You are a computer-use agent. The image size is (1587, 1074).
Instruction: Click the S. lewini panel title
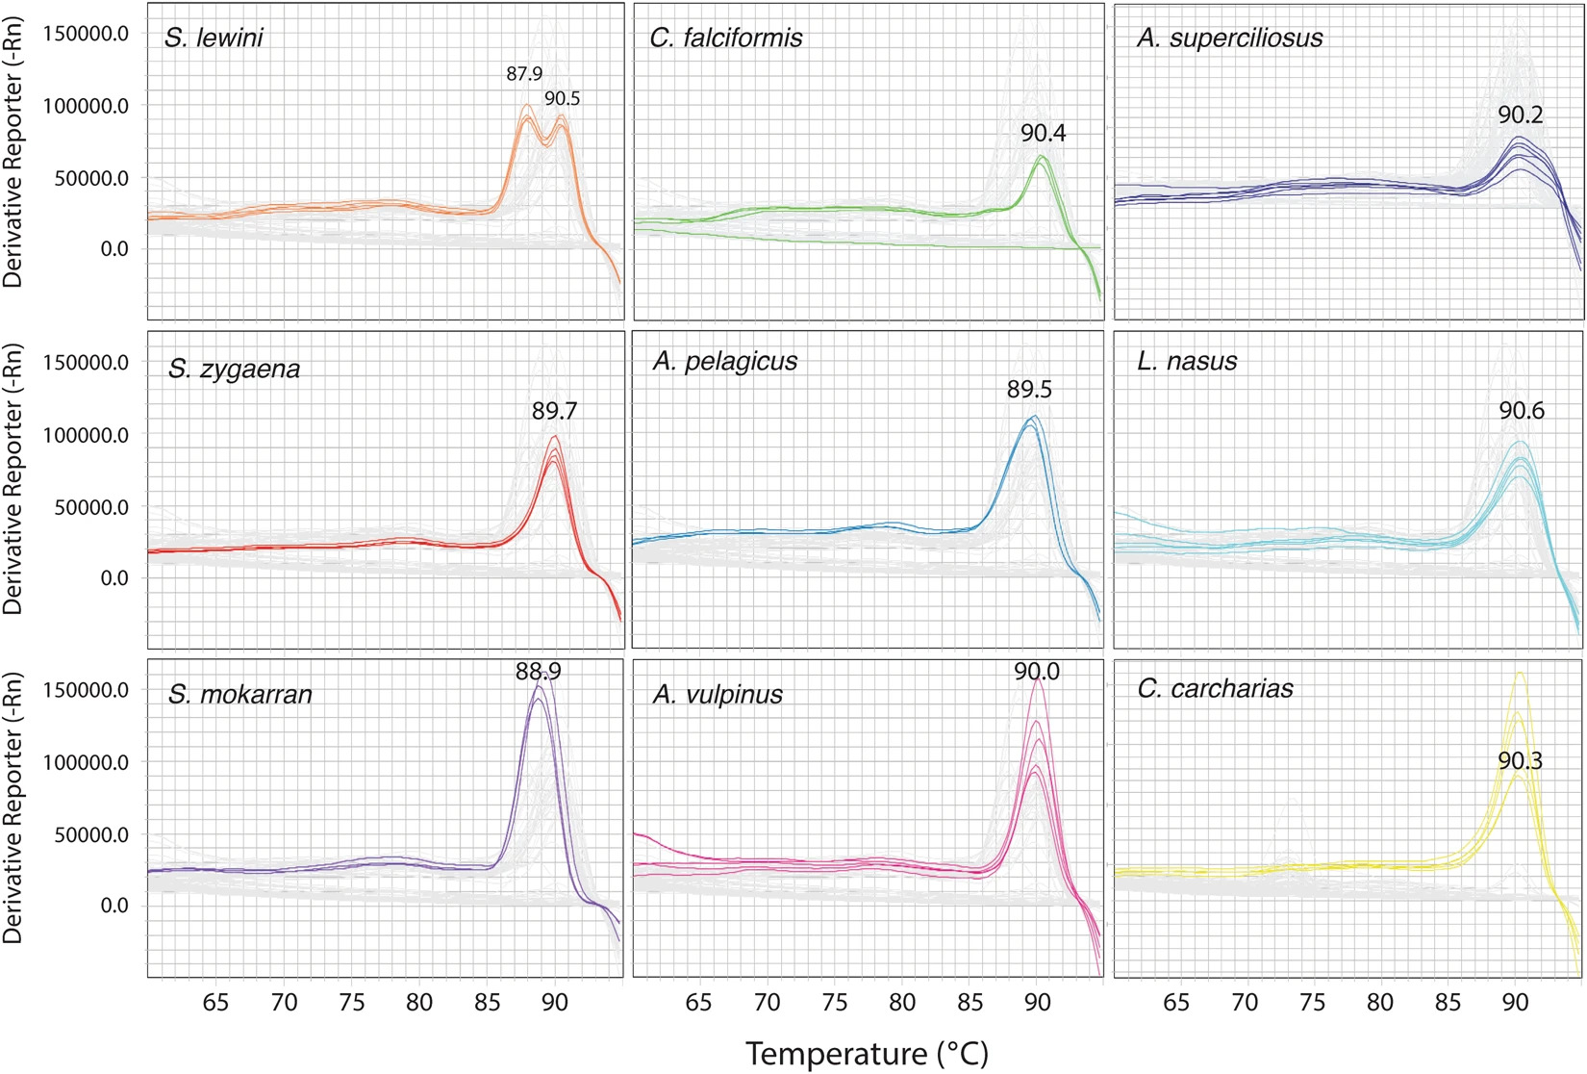[x=214, y=38]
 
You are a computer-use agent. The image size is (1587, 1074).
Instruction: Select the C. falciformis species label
[x=726, y=38]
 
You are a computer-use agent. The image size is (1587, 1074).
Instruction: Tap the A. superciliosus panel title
[x=1229, y=38]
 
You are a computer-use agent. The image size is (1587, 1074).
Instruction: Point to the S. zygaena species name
[x=234, y=369]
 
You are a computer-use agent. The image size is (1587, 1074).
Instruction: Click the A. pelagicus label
[x=725, y=361]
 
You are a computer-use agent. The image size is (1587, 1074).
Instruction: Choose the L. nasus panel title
[x=1186, y=361]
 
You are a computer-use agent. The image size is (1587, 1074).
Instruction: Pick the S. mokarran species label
[x=239, y=694]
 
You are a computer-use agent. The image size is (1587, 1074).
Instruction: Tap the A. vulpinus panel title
[x=718, y=694]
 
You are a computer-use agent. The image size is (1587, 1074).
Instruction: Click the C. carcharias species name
[x=1215, y=688]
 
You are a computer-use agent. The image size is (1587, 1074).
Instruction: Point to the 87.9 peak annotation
[x=524, y=74]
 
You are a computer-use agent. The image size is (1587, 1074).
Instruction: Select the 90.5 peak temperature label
[x=563, y=98]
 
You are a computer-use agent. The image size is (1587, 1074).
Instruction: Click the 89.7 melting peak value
[x=554, y=411]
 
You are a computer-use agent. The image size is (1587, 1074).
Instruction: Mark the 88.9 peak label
[x=538, y=672]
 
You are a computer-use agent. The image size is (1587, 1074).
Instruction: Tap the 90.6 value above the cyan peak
[x=1522, y=411]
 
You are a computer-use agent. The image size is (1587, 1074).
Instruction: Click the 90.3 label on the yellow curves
[x=1520, y=761]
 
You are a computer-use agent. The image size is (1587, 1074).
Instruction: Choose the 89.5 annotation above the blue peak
[x=1029, y=390]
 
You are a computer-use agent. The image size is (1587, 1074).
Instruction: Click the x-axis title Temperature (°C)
[x=867, y=1054]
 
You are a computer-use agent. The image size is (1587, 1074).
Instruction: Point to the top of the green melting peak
[x=1041, y=156]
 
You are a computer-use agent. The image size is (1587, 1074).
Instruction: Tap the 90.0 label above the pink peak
[x=1037, y=672]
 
